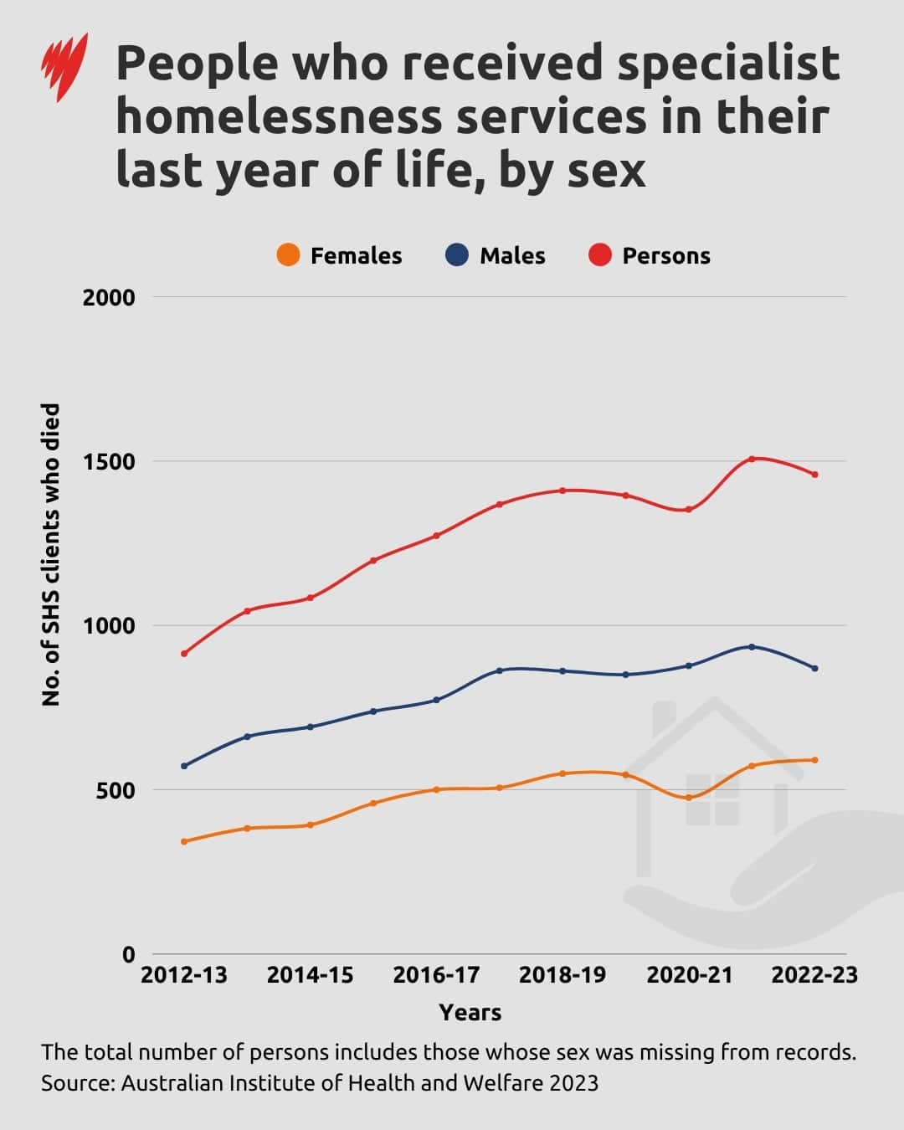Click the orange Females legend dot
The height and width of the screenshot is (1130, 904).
click(x=288, y=255)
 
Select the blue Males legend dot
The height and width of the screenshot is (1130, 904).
click(x=457, y=255)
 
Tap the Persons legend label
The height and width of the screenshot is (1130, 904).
click(x=665, y=256)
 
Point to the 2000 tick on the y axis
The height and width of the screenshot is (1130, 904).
click(x=108, y=298)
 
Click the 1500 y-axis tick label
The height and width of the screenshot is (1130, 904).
click(x=108, y=462)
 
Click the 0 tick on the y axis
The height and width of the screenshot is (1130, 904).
click(x=128, y=955)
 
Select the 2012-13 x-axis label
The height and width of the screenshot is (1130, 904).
click(x=183, y=976)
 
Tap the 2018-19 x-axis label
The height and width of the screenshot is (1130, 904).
click(x=562, y=976)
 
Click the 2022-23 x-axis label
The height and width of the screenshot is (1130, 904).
click(x=814, y=976)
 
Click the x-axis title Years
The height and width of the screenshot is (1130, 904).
click(x=470, y=1013)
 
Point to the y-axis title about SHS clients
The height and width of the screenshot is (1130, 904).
click(x=51, y=554)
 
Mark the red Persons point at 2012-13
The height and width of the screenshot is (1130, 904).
click(x=184, y=654)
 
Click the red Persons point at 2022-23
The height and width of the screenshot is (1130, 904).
click(x=814, y=475)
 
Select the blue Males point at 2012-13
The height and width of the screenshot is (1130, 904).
click(x=184, y=766)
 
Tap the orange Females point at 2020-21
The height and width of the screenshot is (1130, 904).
click(x=689, y=798)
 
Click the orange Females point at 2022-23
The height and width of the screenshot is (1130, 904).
click(x=814, y=760)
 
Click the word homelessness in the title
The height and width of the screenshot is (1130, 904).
click(x=280, y=117)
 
